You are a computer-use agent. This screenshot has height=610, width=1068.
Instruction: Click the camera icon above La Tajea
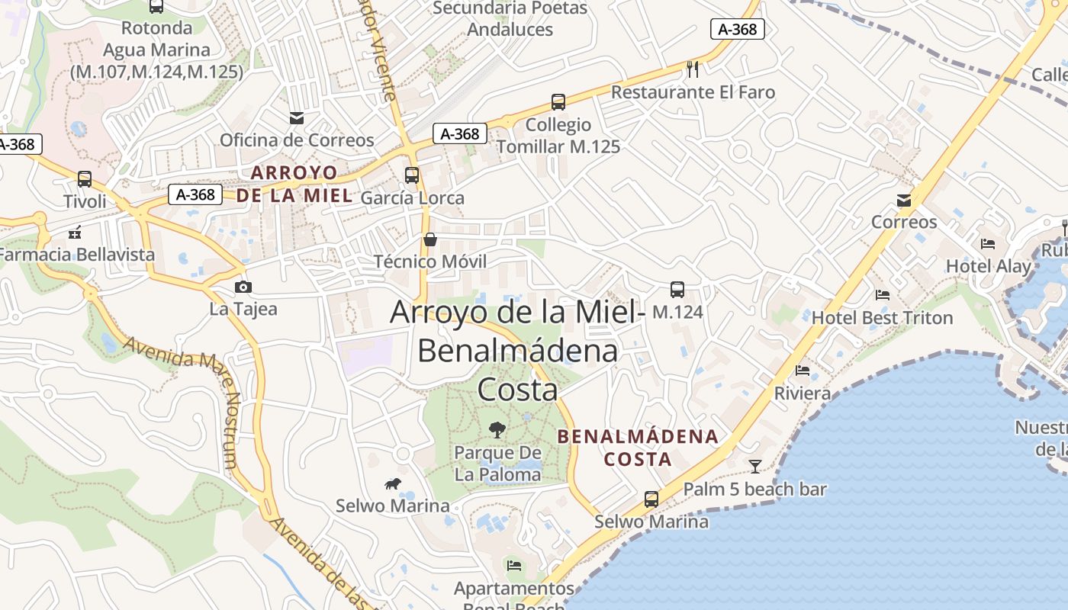click(243, 287)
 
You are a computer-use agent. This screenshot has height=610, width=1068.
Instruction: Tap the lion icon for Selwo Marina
click(393, 483)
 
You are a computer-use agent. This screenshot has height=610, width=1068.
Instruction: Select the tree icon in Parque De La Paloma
click(497, 430)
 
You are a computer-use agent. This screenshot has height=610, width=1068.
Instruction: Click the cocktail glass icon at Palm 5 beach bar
click(755, 466)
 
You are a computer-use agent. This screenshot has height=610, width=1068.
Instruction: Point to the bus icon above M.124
click(677, 290)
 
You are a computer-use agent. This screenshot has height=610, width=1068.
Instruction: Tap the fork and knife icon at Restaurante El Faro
click(693, 69)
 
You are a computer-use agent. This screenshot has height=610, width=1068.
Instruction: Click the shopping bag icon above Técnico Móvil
click(430, 239)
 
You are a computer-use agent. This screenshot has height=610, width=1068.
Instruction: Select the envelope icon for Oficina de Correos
click(296, 117)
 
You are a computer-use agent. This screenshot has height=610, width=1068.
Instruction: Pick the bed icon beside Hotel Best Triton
click(883, 295)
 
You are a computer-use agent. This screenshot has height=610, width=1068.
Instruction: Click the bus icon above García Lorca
click(412, 175)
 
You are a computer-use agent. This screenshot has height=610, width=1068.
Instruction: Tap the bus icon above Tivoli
click(85, 179)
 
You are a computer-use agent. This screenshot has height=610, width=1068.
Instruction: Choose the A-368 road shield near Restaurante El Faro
click(738, 29)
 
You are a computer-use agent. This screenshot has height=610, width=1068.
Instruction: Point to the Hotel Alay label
click(988, 266)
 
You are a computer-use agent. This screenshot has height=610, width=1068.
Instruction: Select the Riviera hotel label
click(802, 393)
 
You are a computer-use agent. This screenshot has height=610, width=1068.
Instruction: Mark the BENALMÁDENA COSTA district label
click(638, 448)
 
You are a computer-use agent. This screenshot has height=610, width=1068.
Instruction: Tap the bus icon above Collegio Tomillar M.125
click(558, 102)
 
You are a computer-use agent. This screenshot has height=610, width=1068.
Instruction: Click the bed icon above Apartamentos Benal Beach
click(514, 566)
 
